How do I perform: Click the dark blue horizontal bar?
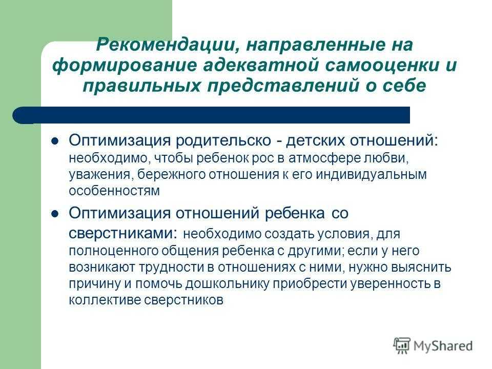[x=211, y=115]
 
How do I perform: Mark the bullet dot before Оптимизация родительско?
[x=55, y=141]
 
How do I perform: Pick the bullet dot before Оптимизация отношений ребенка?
[x=55, y=214]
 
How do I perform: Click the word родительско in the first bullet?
[x=223, y=140]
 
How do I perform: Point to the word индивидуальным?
[x=371, y=174]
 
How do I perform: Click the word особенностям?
[x=114, y=191]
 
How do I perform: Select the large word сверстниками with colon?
[x=123, y=233]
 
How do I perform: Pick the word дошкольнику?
[x=228, y=283]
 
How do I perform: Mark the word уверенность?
[x=390, y=283]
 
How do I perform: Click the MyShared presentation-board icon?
[x=402, y=346]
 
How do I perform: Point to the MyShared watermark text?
[x=443, y=346]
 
